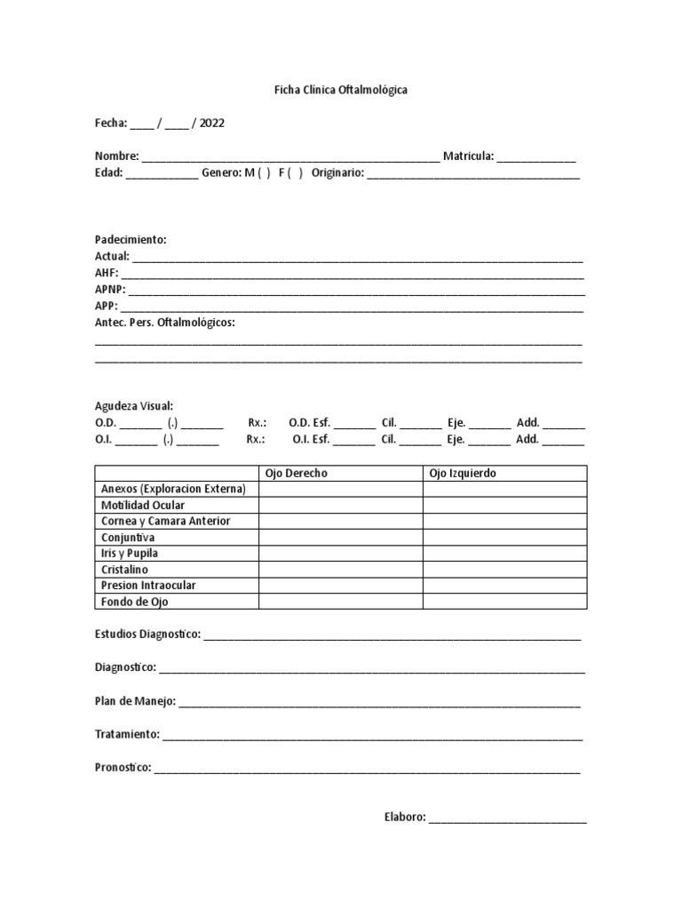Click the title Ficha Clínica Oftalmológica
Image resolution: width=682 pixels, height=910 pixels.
pos(340,91)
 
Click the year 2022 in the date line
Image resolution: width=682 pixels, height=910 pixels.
pos(211,124)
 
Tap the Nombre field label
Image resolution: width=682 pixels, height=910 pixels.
pos(116,156)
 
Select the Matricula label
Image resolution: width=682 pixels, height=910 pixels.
pos(468,156)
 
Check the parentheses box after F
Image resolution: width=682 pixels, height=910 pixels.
pos(295,172)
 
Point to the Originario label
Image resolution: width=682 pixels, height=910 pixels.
pos(337,172)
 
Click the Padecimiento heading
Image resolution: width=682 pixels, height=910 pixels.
pos(131,240)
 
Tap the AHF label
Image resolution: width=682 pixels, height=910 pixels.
pos(107,273)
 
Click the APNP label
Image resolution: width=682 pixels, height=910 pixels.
pos(110,289)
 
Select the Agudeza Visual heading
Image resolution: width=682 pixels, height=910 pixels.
pos(134,405)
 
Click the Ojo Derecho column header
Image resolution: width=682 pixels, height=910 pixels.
pos(297,473)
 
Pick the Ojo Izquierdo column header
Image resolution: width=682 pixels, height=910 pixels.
pos(463,473)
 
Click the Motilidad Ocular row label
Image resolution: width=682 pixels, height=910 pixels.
pos(143,505)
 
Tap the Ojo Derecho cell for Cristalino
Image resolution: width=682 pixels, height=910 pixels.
pos(340,569)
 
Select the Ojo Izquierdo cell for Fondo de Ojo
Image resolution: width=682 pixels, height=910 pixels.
pos(504,602)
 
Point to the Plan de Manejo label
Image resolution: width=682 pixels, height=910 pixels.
pos(135,701)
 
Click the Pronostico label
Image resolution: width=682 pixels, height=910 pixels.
pos(123,767)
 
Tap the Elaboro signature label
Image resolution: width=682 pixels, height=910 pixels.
pos(405,817)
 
